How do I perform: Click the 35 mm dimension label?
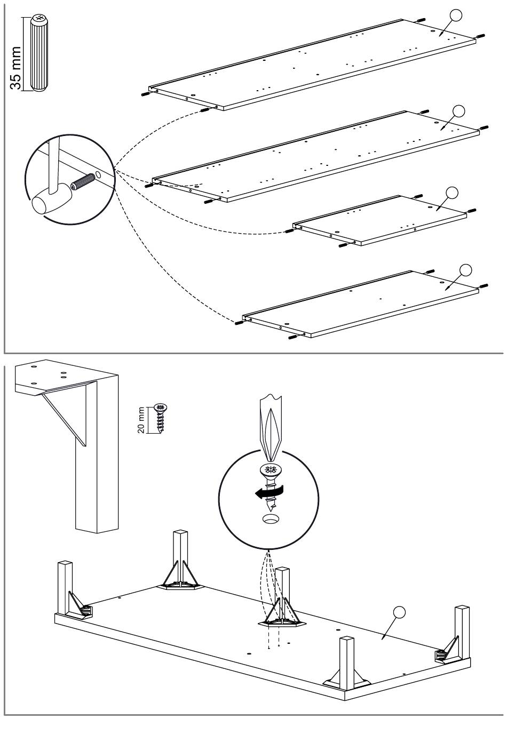(16, 67)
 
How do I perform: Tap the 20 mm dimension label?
(141, 420)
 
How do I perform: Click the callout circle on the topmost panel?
(456, 15)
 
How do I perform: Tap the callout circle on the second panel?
(458, 111)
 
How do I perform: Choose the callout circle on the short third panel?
(451, 193)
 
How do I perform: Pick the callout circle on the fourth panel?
(466, 270)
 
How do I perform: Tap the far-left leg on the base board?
(65, 586)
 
